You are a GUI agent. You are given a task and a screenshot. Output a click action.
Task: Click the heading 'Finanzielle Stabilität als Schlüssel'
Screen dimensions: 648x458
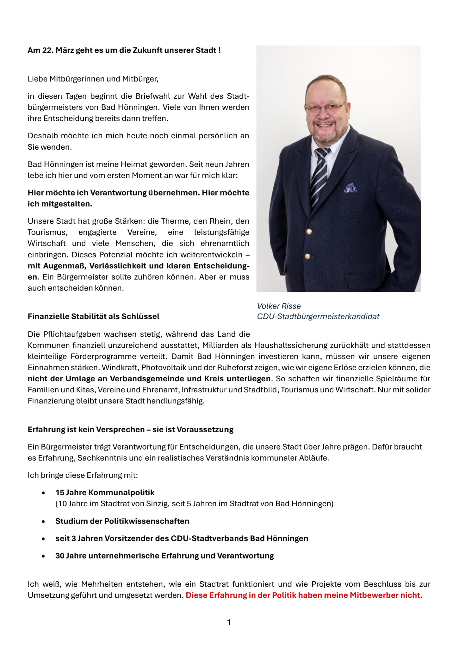(x=94, y=316)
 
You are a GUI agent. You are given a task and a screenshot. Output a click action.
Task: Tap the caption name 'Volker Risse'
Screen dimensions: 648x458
(x=279, y=306)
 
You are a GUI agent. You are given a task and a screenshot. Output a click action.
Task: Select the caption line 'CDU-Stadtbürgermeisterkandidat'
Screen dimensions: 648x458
(x=318, y=316)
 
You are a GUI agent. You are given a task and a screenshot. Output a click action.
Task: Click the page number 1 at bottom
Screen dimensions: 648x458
(x=229, y=622)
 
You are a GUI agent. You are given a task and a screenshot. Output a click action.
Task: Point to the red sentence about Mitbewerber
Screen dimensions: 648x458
(x=304, y=595)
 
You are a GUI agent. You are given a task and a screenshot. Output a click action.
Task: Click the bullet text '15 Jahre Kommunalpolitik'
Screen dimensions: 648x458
(x=105, y=492)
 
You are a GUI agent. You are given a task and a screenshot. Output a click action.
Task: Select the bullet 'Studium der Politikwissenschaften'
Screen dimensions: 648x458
(x=122, y=521)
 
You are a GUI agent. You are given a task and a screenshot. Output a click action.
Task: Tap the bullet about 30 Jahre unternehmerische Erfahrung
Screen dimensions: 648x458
(x=164, y=556)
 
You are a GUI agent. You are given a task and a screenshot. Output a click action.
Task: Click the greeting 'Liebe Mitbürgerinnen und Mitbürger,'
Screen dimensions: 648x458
(x=93, y=79)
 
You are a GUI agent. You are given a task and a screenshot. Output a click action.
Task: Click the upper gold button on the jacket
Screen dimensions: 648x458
(x=309, y=232)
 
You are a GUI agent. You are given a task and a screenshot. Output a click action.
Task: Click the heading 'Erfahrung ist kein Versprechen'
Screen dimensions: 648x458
(x=130, y=429)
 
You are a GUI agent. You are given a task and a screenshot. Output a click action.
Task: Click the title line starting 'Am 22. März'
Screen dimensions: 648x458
(x=124, y=50)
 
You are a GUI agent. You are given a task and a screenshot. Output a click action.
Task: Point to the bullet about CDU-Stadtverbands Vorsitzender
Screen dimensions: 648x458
(x=182, y=538)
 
